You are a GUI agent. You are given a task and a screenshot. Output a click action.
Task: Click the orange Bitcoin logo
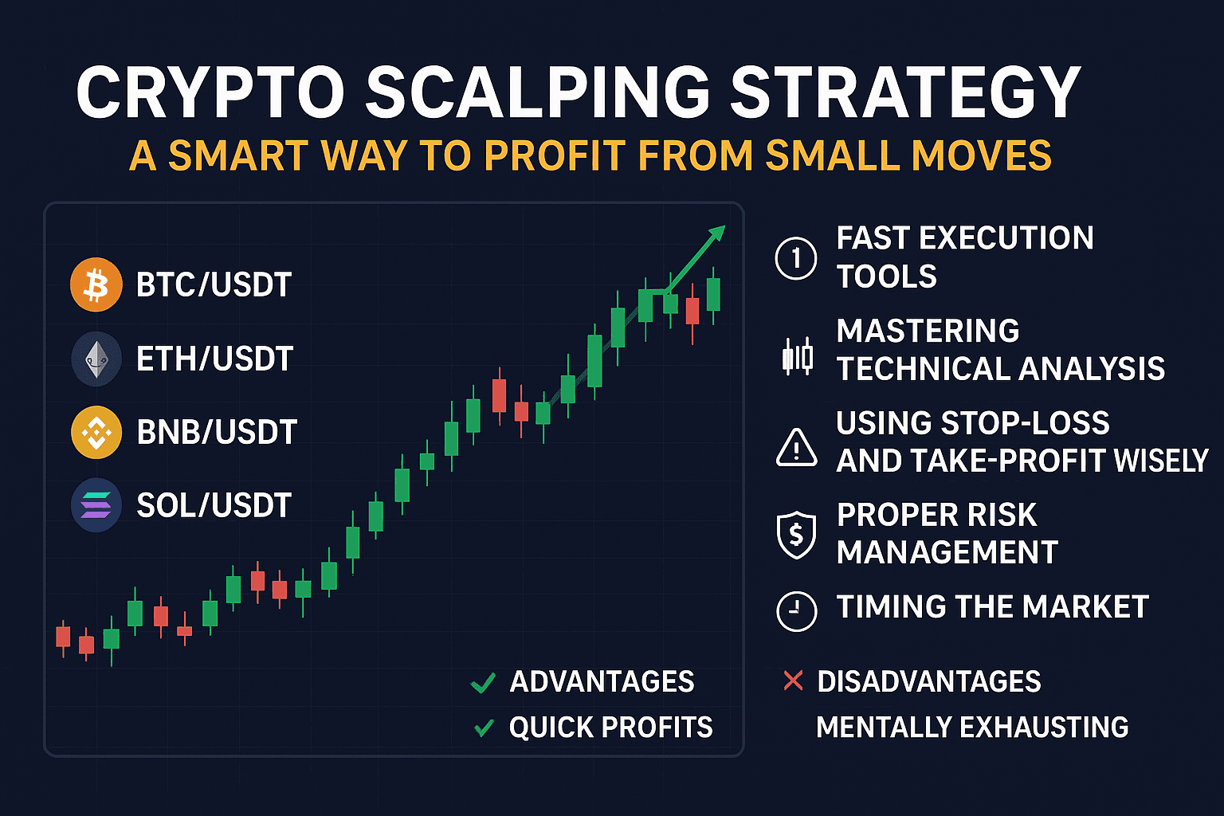coord(96,284)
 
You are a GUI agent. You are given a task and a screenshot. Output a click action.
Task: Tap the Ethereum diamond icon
coord(96,359)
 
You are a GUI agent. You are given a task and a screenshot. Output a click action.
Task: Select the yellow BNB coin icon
coord(96,432)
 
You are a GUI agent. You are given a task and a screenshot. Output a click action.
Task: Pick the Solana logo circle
coord(96,505)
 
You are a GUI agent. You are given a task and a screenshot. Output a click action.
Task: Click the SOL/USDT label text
coord(214,505)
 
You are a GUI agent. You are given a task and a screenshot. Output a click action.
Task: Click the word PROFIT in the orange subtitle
coord(555,155)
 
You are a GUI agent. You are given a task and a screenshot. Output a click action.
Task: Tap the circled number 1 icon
coord(796,258)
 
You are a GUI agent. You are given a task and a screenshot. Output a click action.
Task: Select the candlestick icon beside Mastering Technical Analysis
coord(797,356)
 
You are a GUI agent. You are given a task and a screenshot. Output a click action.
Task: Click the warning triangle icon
coord(797,448)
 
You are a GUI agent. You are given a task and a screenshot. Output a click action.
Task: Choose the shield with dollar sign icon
coord(797,535)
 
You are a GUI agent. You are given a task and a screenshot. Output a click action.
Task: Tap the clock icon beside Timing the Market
coord(797,611)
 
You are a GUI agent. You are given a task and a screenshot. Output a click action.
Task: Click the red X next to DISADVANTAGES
coord(793,681)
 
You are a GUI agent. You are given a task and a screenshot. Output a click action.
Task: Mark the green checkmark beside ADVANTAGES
coord(483,683)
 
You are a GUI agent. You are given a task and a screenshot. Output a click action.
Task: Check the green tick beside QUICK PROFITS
coord(484,728)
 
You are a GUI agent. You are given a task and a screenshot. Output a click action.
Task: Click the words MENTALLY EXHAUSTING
coord(972,727)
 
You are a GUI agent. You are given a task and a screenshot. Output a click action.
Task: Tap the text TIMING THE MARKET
coord(992,606)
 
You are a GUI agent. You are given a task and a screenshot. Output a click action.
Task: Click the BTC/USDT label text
coord(214,284)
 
